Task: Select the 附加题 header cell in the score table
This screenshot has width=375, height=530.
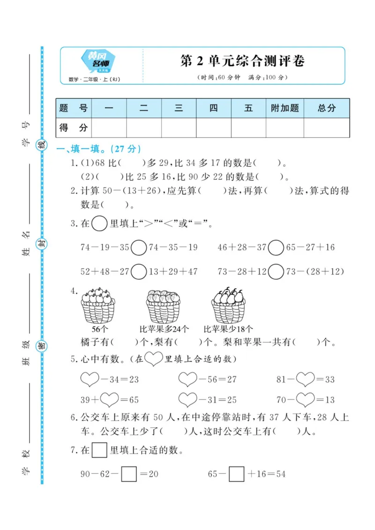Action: pos(285,108)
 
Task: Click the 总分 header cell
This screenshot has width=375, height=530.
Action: pos(327,108)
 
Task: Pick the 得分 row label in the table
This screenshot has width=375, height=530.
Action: pos(74,127)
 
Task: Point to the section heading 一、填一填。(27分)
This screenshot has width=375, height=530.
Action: pos(98,149)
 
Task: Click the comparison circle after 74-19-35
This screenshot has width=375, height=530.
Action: pos(139,247)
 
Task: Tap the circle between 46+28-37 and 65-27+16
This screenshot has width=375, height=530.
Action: pos(276,247)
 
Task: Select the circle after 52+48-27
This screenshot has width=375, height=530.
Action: pos(139,271)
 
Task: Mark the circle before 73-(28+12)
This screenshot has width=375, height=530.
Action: pos(276,271)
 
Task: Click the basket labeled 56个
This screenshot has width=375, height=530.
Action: pos(98,306)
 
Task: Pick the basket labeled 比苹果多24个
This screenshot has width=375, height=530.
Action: pos(163,306)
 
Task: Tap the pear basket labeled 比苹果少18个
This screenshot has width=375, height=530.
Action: pos(228,306)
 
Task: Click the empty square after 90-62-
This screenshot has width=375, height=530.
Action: pos(129,474)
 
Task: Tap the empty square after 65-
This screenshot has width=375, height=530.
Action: pos(237,474)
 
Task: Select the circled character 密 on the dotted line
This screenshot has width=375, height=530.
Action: pos(42,346)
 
